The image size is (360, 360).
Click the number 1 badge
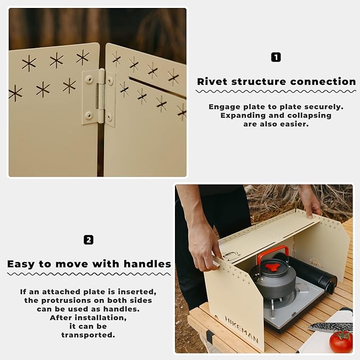(x=276, y=57)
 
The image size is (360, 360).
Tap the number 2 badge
(x=89, y=240)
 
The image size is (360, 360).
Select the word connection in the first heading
(x=324, y=82)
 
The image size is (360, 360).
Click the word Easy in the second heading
(x=23, y=264)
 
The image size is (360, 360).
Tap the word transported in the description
(x=87, y=335)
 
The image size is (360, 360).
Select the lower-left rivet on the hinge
(x=89, y=115)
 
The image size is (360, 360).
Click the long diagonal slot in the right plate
(x=157, y=87)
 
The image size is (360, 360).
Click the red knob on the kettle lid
(x=273, y=267)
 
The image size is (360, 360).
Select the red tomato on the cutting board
(x=340, y=342)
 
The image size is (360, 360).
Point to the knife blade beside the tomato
(x=331, y=327)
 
